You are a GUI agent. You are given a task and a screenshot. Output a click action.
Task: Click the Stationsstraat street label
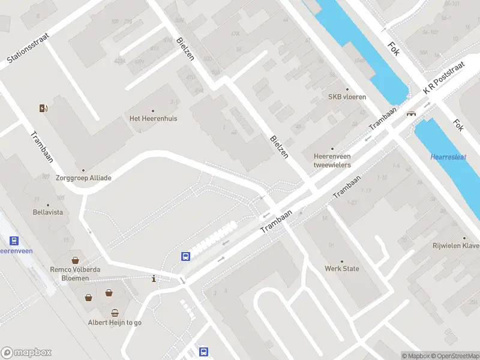pos(28,48)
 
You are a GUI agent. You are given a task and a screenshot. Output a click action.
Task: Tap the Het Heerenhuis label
pos(153,118)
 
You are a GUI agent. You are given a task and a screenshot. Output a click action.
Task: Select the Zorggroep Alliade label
pos(84,178)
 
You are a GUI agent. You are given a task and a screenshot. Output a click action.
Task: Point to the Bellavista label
pos(48,212)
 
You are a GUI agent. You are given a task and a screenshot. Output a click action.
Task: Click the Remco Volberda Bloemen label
pos(75,274)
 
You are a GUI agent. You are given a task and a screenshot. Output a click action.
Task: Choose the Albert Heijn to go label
pos(115,322)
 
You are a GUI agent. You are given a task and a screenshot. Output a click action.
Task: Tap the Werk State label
pos(342,268)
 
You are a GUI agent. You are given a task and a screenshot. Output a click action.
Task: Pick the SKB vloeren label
pos(347,97)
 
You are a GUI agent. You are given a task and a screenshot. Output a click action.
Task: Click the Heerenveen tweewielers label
pos(332,160)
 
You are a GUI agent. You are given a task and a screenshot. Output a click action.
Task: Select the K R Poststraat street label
pos(444,79)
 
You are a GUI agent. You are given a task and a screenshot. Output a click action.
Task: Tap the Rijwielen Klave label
pos(457,246)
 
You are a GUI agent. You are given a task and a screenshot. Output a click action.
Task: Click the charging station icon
pos(43,108)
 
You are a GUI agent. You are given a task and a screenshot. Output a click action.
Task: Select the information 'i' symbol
pos(154,278)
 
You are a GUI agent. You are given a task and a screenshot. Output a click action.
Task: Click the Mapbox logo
pos(26,353)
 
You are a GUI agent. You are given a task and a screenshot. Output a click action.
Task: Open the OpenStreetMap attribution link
pos(455,356)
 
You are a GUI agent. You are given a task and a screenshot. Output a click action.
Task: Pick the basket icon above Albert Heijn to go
pos(115,313)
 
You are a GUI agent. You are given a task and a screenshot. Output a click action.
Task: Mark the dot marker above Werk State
pos(342,261)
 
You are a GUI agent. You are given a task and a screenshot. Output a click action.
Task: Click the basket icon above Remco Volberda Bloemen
pos(76,260)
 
